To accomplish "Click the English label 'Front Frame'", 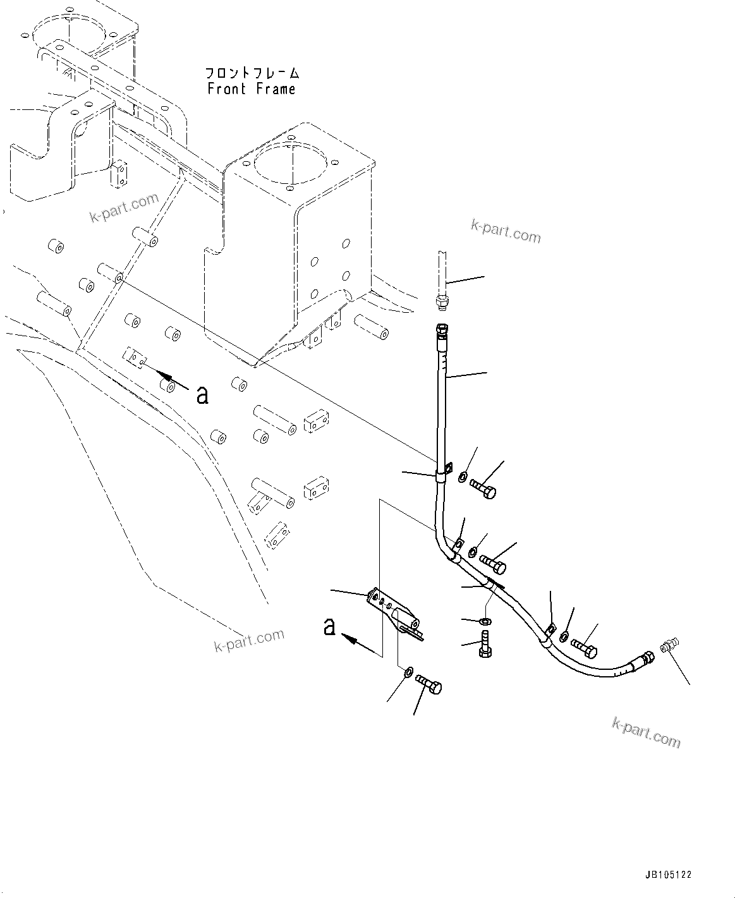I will point(252,89).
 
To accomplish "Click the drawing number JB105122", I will point(668,875).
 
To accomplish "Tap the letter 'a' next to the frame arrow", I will point(202,396).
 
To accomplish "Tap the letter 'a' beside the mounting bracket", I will point(329,628).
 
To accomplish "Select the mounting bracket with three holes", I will point(393,612).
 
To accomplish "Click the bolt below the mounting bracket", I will point(429,684).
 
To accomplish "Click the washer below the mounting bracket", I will point(409,670).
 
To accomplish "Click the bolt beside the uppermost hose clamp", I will point(484,488).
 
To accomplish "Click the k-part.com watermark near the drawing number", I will point(646,732).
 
